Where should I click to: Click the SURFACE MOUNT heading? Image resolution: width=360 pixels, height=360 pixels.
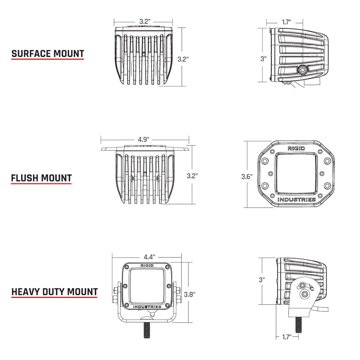pyautogui.click(x=48, y=54)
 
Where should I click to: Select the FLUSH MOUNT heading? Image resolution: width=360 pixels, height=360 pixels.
pyautogui.click(x=41, y=178)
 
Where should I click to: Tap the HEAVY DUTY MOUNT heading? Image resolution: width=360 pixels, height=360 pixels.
pyautogui.click(x=55, y=291)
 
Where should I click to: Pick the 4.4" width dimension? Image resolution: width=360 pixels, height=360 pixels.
pyautogui.click(x=149, y=257)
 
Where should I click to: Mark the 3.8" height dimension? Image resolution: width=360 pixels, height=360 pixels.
pyautogui.click(x=189, y=294)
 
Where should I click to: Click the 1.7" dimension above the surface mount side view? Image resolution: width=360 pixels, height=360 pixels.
pyautogui.click(x=287, y=22)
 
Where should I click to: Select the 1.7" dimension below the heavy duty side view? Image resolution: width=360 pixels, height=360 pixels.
pyautogui.click(x=286, y=337)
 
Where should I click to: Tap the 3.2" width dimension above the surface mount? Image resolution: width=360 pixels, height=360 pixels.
pyautogui.click(x=144, y=21)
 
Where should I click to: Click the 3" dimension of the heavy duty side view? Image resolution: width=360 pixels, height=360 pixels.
pyautogui.click(x=262, y=279)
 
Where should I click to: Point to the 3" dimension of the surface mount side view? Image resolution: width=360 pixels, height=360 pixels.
pyautogui.click(x=264, y=59)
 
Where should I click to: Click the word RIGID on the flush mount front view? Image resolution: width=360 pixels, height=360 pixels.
pyautogui.click(x=296, y=148)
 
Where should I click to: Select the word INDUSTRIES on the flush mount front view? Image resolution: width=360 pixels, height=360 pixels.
pyautogui.click(x=296, y=200)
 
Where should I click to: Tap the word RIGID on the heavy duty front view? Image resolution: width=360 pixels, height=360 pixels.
pyautogui.click(x=147, y=265)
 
